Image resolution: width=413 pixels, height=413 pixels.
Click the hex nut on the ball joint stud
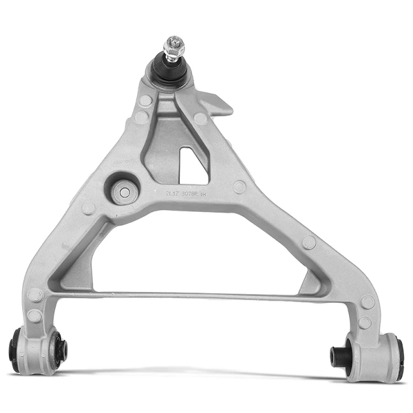(173, 50)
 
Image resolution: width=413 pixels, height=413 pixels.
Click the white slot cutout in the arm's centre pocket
(192, 166)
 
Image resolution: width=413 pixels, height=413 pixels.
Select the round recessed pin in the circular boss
(124, 191)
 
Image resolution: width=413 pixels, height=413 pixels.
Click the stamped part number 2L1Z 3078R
(184, 195)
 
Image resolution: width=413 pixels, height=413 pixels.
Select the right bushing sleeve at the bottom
(372, 356)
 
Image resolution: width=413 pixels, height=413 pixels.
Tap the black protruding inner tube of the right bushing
(337, 356)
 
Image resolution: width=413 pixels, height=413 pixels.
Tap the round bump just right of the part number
(239, 187)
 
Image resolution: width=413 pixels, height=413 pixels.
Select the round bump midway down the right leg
(309, 243)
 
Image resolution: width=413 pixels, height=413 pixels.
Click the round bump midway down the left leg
(89, 208)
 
